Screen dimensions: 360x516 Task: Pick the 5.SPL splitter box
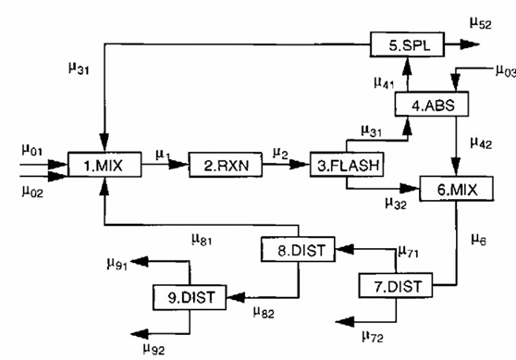point(407,43)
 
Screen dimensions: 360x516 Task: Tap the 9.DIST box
point(189,297)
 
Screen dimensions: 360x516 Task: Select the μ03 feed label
point(505,70)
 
